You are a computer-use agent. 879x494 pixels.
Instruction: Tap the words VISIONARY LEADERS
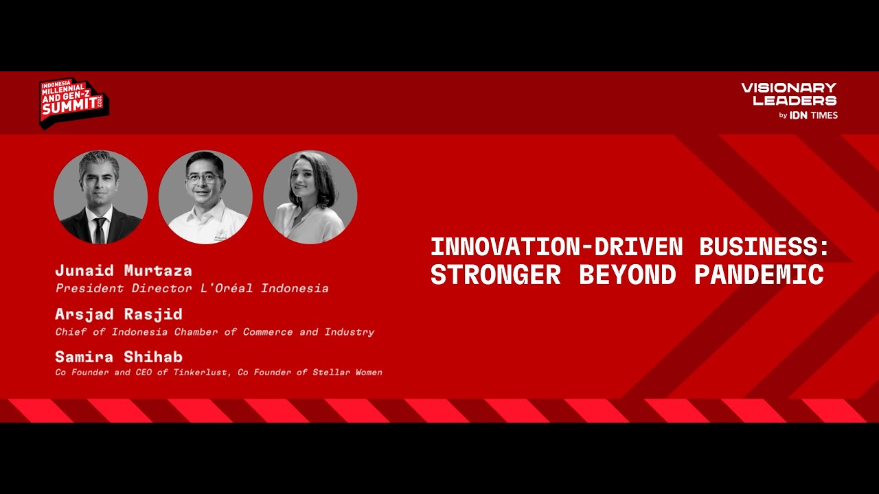pos(788,94)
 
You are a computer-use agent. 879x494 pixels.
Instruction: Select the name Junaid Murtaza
pos(124,270)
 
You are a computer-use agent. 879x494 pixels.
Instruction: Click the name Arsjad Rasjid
pos(119,314)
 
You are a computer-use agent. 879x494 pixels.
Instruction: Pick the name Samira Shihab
pos(119,357)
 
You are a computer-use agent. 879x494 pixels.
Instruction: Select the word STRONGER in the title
pos(495,274)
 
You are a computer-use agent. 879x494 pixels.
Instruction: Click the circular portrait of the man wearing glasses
pos(205,198)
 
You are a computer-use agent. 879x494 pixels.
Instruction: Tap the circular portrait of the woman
pos(310,198)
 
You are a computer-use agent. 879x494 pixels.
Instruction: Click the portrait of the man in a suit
pos(100,198)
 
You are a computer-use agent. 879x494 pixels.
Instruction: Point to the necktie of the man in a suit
pos(100,230)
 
